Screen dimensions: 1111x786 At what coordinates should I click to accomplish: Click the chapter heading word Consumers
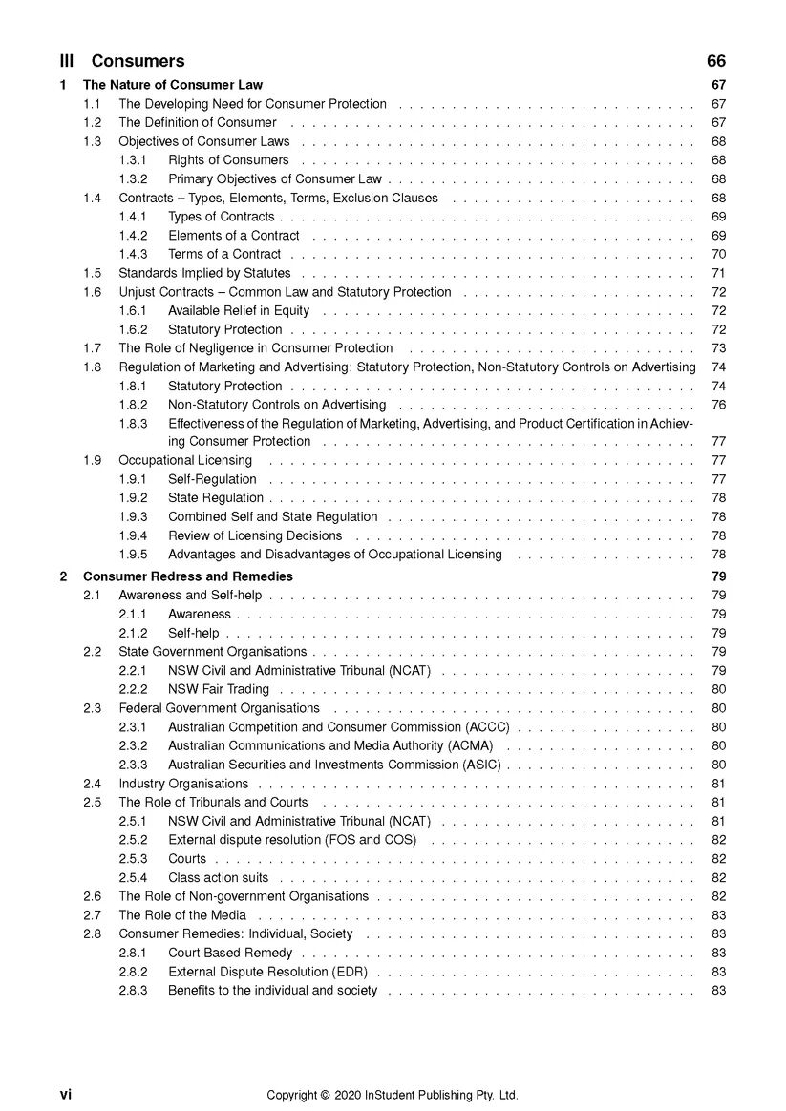pyautogui.click(x=138, y=61)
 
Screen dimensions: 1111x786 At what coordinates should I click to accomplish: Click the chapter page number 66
pyautogui.click(x=716, y=61)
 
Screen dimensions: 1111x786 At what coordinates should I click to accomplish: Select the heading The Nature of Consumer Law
pyautogui.click(x=173, y=85)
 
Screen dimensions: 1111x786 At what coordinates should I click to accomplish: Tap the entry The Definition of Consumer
pyautogui.click(x=198, y=122)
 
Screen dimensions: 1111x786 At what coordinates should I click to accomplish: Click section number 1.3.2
pyautogui.click(x=133, y=178)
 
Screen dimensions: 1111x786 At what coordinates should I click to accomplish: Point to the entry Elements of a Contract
pyautogui.click(x=234, y=235)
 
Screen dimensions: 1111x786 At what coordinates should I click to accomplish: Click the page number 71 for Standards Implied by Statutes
pyautogui.click(x=719, y=273)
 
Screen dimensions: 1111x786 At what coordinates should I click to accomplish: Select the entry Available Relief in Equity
pyautogui.click(x=239, y=310)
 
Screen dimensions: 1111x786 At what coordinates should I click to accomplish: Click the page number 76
pyautogui.click(x=719, y=404)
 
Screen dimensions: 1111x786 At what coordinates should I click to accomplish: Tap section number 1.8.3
pyautogui.click(x=133, y=423)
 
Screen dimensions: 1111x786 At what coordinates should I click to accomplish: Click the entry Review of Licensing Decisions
pyautogui.click(x=255, y=535)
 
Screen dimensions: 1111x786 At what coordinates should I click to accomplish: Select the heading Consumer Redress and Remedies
pyautogui.click(x=188, y=576)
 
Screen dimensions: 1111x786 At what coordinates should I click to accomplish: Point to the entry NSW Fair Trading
pyautogui.click(x=219, y=689)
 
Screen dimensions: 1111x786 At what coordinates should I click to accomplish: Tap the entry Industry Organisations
pyautogui.click(x=183, y=784)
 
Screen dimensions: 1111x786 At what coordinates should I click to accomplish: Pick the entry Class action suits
pyautogui.click(x=219, y=877)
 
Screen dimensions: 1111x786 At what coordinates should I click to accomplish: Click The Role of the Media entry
pyautogui.click(x=182, y=915)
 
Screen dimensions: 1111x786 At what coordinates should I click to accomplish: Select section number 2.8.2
pyautogui.click(x=133, y=972)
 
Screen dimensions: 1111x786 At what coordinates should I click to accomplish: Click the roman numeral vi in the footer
pyautogui.click(x=66, y=1095)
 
